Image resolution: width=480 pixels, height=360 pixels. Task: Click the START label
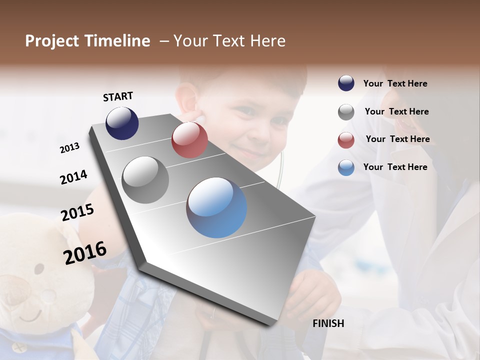[x=118, y=96]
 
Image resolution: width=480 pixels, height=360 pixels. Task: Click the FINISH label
[x=328, y=323]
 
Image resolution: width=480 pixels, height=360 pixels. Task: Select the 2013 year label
[x=70, y=148]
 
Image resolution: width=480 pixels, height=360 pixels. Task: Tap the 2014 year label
[x=73, y=177]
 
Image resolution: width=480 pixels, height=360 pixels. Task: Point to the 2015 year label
[x=77, y=212]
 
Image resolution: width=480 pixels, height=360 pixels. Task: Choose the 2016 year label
[x=85, y=252]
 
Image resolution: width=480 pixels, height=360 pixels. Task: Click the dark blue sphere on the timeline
[x=122, y=123]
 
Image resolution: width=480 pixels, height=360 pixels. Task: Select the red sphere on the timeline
[x=189, y=140]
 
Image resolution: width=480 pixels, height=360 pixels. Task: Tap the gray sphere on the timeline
[x=145, y=180]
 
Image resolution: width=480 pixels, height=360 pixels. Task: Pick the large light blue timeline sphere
[x=216, y=207]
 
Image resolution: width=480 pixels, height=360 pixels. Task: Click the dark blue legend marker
[x=346, y=83]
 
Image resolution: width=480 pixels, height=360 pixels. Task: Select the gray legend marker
[x=346, y=112]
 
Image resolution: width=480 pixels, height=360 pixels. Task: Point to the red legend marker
[x=346, y=140]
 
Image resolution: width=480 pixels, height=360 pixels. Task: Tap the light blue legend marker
[x=346, y=168]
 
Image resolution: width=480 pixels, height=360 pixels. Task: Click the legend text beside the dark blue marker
[x=395, y=83]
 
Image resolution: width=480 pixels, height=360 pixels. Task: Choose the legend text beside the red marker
[x=397, y=139]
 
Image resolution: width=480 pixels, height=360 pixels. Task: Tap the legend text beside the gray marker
[x=396, y=111]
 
